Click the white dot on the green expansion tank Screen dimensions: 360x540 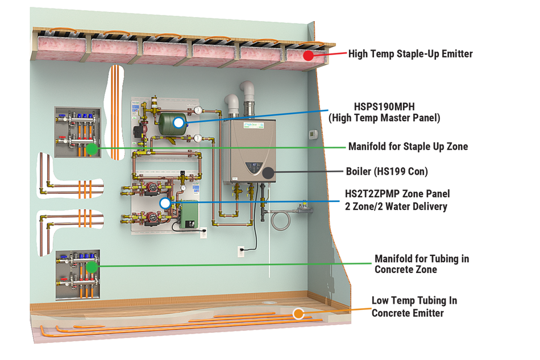[179, 122]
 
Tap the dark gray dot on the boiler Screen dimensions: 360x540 [268, 171]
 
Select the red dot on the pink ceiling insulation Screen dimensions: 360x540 [308, 55]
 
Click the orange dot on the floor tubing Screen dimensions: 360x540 [298, 313]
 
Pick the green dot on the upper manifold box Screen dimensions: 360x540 [91, 148]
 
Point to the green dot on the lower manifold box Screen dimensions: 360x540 [91, 266]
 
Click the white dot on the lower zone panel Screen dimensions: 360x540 [165, 202]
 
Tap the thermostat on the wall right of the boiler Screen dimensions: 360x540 [313, 134]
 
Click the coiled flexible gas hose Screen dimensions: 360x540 [280, 219]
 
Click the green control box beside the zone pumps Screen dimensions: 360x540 [187, 215]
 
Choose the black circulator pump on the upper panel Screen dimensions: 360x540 [139, 131]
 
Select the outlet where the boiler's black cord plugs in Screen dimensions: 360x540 [240, 250]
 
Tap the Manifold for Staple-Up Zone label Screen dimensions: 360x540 [409, 147]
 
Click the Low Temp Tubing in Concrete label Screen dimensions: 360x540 [414, 307]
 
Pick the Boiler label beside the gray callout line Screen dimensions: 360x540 [387, 171]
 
